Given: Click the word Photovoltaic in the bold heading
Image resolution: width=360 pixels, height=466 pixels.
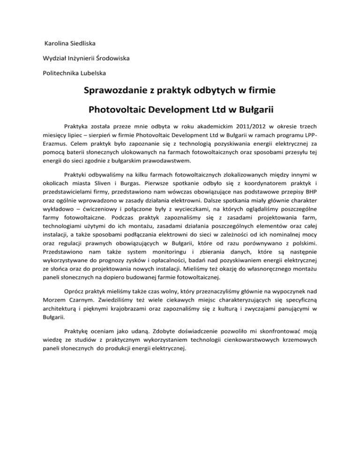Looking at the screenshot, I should click(x=119, y=111).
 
